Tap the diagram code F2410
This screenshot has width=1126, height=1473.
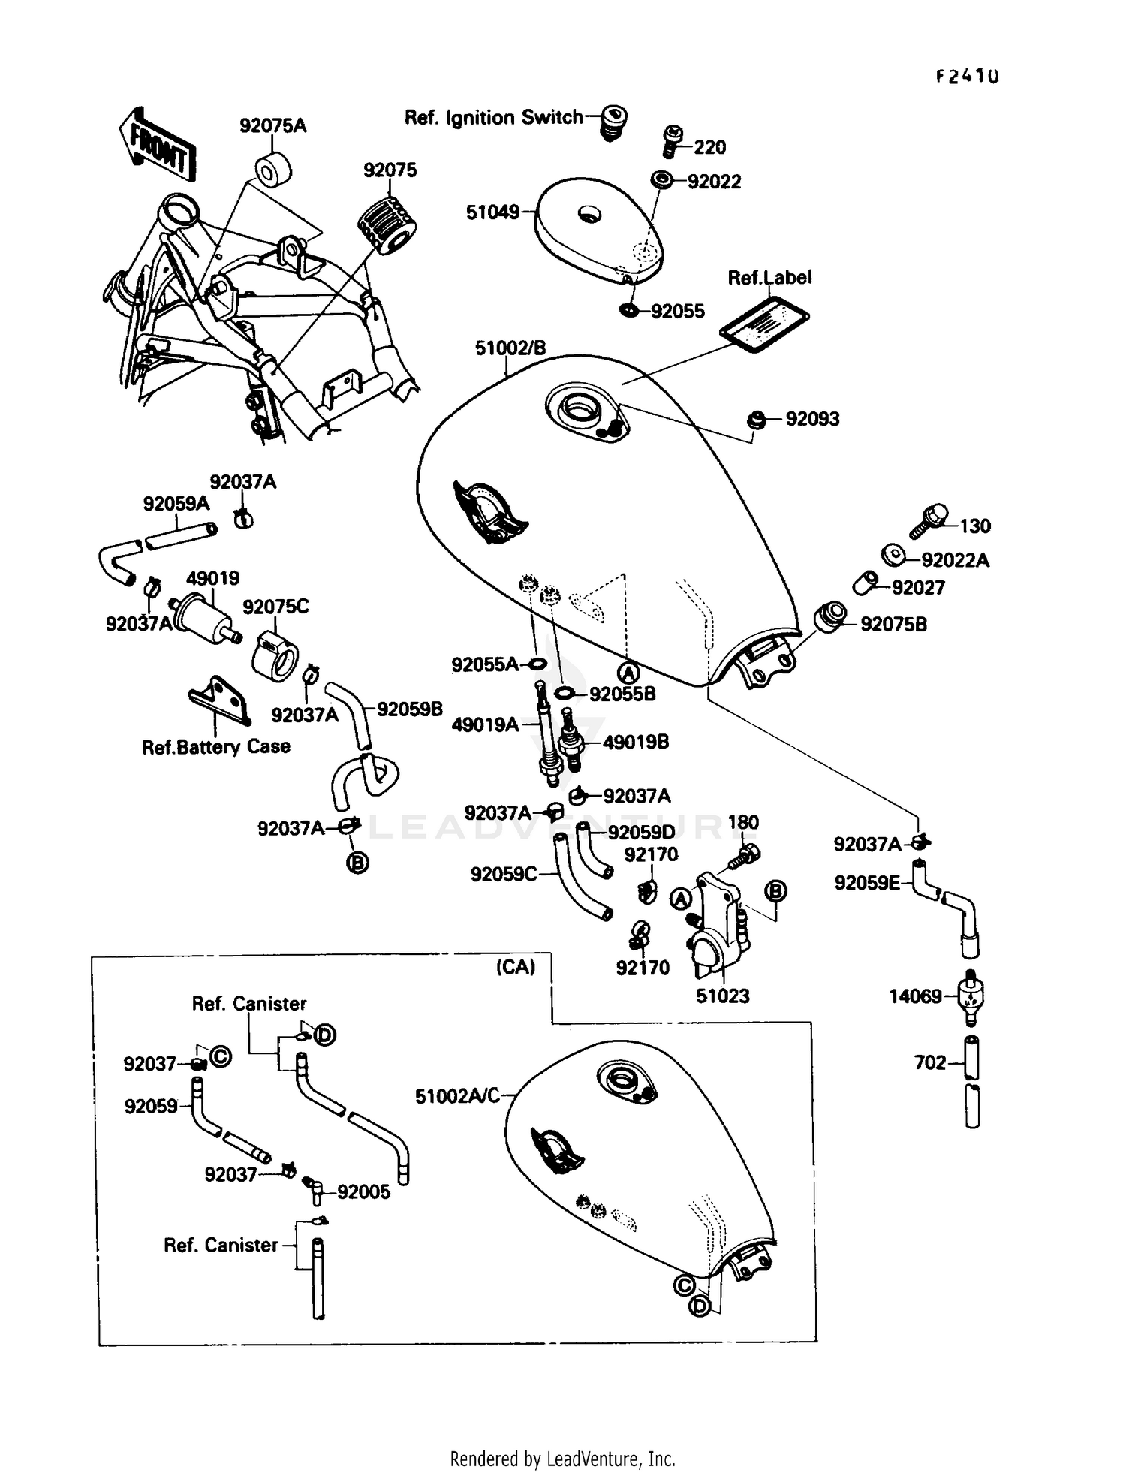click(x=967, y=77)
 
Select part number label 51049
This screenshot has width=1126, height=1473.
click(x=492, y=212)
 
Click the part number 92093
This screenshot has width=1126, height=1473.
click(x=812, y=419)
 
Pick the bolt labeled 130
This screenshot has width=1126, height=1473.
click(x=929, y=520)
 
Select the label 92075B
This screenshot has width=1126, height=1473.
click(x=893, y=625)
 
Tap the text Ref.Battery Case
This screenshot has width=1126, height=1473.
click(x=215, y=746)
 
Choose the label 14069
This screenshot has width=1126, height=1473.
click(x=915, y=996)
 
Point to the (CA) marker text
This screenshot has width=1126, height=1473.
click(x=515, y=967)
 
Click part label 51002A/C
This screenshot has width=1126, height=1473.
click(x=457, y=1096)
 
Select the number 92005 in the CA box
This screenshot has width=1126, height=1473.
click(x=363, y=1192)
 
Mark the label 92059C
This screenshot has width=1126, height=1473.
click(x=503, y=875)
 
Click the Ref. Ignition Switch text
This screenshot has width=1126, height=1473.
click(x=492, y=118)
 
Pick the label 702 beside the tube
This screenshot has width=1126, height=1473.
click(x=929, y=1062)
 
